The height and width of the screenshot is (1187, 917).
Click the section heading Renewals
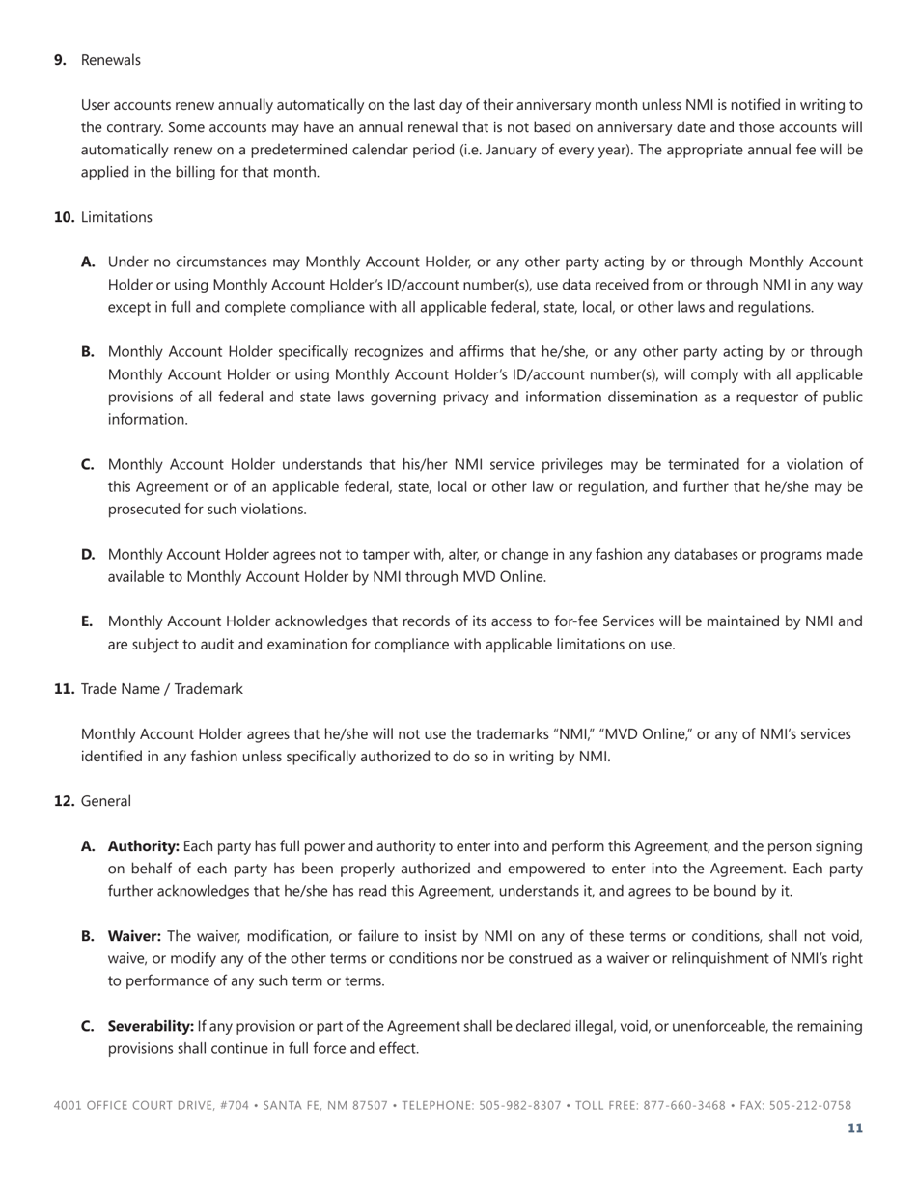110,60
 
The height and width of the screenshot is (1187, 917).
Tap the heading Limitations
116,217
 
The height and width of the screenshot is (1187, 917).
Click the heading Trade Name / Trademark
161,689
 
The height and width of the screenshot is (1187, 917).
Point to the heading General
106,801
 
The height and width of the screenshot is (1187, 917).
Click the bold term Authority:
143,846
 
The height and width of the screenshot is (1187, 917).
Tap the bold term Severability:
151,1026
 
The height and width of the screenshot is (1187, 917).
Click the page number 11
855,1128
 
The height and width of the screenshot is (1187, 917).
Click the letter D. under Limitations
88,554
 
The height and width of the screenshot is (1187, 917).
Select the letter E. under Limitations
87,621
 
